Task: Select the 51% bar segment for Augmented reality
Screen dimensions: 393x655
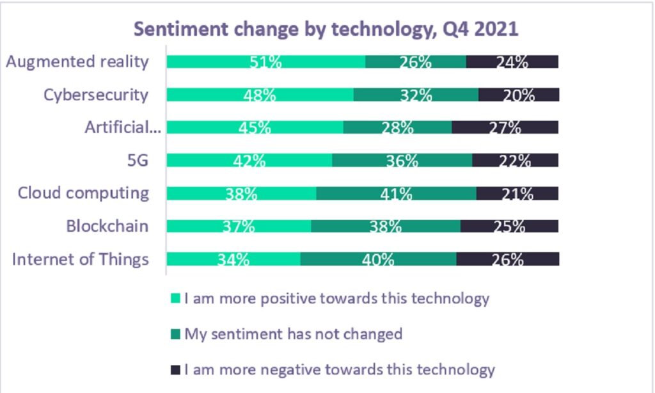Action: click(265, 61)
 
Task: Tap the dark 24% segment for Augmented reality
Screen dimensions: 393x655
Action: click(512, 61)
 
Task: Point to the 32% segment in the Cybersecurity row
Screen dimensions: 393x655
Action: click(416, 95)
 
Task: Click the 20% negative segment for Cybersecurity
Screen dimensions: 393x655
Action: click(519, 95)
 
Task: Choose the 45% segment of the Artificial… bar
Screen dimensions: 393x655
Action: click(255, 127)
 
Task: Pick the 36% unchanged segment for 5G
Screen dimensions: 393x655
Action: click(402, 160)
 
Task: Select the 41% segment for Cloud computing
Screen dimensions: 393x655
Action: click(396, 193)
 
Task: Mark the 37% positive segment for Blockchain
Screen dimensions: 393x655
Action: click(239, 226)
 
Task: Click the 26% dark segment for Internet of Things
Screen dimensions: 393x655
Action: click(507, 259)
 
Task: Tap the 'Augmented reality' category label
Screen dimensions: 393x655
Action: click(77, 61)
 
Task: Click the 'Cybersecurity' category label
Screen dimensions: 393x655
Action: click(96, 95)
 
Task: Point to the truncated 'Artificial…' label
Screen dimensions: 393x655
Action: click(122, 127)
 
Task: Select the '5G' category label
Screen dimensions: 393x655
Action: click(137, 160)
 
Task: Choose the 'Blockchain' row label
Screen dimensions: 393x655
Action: click(107, 226)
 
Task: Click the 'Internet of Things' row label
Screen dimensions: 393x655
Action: click(81, 259)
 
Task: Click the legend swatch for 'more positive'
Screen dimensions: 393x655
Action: click(176, 298)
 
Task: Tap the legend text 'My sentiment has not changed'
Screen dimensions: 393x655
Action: click(293, 333)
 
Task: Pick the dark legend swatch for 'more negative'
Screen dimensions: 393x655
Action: click(176, 369)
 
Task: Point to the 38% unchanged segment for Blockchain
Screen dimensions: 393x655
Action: click(385, 226)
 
